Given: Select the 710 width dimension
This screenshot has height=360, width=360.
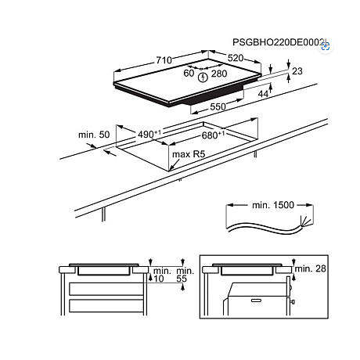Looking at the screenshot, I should tap(164, 59).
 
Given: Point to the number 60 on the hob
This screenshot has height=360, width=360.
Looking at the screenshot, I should tap(188, 74).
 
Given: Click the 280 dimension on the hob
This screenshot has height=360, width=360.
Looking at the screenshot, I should tap(220, 74).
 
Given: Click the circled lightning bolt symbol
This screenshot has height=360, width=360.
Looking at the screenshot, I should tap(203, 76).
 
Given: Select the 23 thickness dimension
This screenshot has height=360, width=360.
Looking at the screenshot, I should tap(297, 71).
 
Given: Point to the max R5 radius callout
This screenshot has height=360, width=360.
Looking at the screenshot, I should tap(188, 155).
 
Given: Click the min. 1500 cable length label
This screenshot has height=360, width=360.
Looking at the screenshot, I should tap(273, 204).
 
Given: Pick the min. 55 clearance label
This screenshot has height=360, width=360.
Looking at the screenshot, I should tap(185, 274).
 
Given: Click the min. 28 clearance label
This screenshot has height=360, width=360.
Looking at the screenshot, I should tap(312, 269).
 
